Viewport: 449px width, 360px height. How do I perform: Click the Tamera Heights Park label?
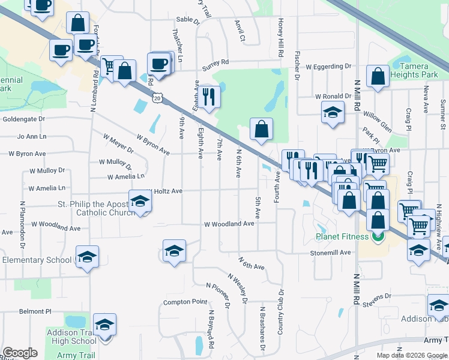(x=409, y=70)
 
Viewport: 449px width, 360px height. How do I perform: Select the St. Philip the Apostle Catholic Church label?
(x=80, y=208)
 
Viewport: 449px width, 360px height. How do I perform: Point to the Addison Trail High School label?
(x=71, y=336)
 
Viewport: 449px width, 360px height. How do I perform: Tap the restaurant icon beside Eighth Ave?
(x=208, y=97)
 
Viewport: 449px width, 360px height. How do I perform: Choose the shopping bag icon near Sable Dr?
(x=78, y=23)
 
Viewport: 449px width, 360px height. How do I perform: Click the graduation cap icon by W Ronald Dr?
(x=332, y=113)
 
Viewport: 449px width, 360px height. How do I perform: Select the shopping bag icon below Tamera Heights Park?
(x=378, y=76)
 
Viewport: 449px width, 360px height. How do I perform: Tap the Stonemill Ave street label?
(x=330, y=253)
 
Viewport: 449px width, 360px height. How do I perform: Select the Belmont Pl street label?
(x=35, y=311)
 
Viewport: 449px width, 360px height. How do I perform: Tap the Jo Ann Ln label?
(x=32, y=136)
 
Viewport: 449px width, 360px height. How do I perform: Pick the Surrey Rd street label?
(x=215, y=62)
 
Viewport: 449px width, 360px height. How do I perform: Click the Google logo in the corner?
(x=20, y=353)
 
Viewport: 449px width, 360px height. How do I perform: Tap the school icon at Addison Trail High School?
(x=105, y=326)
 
